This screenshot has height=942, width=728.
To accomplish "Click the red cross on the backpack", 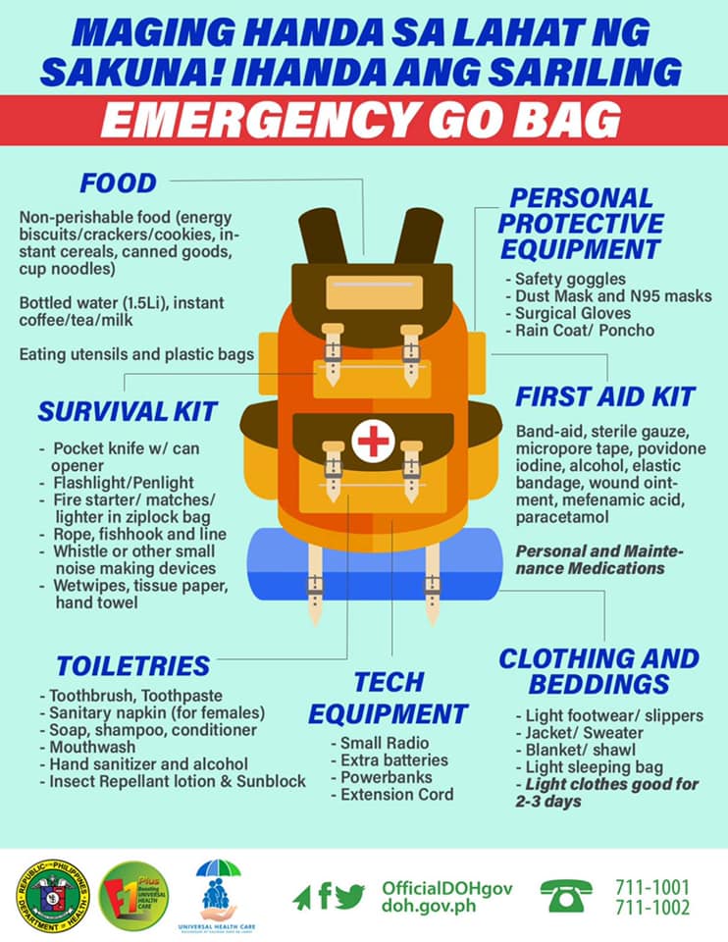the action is click(x=373, y=441).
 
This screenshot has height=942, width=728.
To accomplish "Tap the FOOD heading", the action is click(x=119, y=183).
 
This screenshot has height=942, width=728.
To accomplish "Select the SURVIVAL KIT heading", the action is click(x=128, y=411).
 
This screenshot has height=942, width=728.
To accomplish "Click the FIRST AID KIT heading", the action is click(x=605, y=397).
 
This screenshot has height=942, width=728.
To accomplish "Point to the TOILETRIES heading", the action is click(x=133, y=666).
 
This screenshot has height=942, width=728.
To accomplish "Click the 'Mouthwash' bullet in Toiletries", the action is click(x=87, y=747).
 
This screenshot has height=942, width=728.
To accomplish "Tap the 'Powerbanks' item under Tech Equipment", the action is click(x=382, y=777).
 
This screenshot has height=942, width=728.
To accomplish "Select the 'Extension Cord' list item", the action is click(x=392, y=794).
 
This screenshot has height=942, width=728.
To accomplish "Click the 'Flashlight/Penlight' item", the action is click(x=117, y=483).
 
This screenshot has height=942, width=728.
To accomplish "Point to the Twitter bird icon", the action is click(x=350, y=896).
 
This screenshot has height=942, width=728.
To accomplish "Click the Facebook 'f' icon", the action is click(x=325, y=896).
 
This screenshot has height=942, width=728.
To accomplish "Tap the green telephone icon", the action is click(x=566, y=896).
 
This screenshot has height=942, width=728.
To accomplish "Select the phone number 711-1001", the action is click(x=652, y=887).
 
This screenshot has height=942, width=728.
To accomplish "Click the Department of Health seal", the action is click(x=53, y=896).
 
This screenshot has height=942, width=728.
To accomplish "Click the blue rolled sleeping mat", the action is click(x=375, y=564).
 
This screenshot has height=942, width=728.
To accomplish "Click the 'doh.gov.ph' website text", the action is click(x=429, y=906).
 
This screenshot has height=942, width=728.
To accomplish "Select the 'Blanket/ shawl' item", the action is click(x=575, y=750).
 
